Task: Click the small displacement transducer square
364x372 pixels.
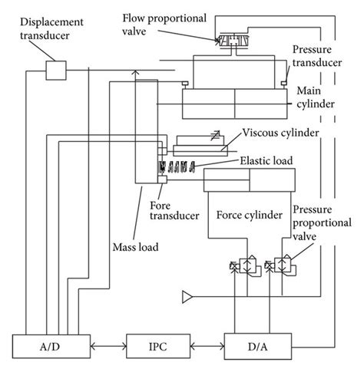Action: click(58, 70)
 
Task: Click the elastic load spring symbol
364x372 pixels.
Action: click(179, 166)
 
